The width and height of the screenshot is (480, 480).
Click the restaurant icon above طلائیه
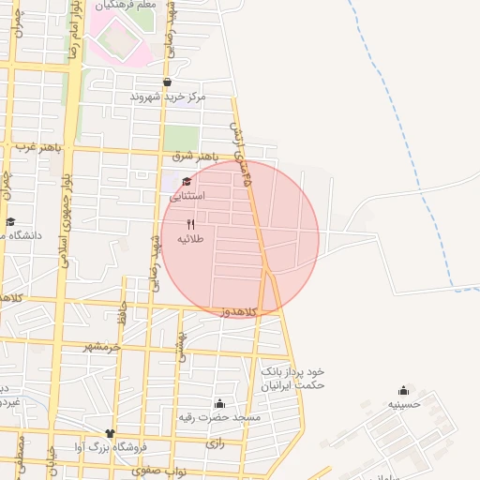click(191, 224)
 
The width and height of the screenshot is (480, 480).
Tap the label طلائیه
click(191, 239)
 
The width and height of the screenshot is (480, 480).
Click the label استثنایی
click(189, 197)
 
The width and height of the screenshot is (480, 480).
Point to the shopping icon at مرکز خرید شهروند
click(167, 82)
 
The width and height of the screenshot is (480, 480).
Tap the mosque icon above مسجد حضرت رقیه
click(219, 402)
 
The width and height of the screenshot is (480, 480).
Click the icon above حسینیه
click(404, 390)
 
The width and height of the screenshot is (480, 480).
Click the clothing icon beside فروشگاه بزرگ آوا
click(111, 433)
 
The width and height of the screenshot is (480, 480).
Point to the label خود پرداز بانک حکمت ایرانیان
click(293, 378)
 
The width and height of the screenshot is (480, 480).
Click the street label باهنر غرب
click(36, 146)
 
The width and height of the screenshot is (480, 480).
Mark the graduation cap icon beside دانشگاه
click(10, 222)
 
